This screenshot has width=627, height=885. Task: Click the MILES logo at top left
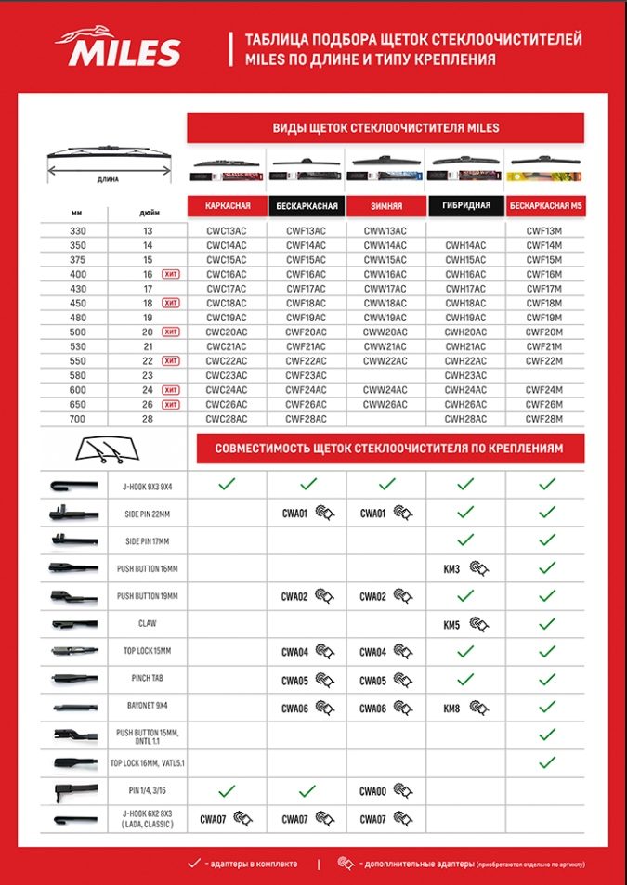pos(121,47)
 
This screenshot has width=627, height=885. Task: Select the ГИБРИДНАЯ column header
pos(465,205)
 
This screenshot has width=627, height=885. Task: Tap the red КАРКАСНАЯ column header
pos(227,205)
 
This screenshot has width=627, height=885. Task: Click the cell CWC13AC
pos(227,230)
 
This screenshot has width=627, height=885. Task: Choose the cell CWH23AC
pos(465,375)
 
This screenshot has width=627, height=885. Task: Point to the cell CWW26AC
pos(385,405)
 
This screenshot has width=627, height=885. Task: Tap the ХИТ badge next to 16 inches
pos(170,275)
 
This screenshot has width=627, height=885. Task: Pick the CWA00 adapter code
pos(373,792)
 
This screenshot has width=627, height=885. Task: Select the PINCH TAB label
pos(149,679)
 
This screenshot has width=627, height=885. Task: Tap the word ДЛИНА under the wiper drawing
pos(107,178)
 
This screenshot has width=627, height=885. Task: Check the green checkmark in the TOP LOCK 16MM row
pos(546,762)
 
